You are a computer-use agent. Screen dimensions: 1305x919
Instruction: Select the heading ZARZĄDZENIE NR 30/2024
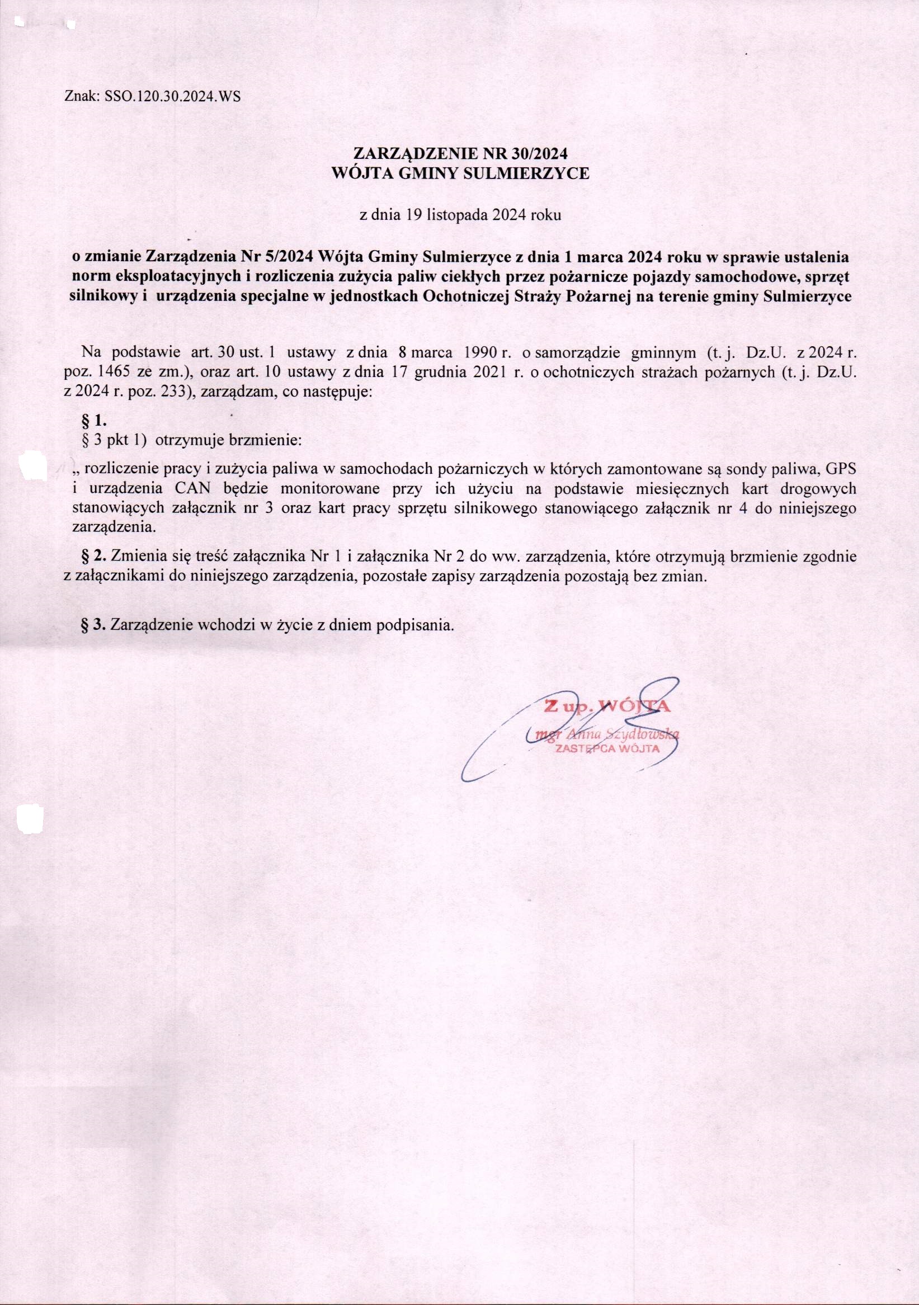(460, 154)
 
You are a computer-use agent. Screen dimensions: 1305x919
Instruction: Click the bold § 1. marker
(96, 421)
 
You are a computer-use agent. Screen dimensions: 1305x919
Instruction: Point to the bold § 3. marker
(95, 625)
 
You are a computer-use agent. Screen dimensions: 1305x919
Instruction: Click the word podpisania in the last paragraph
(420, 625)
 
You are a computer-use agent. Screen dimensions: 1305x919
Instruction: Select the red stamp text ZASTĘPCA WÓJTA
(607, 748)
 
